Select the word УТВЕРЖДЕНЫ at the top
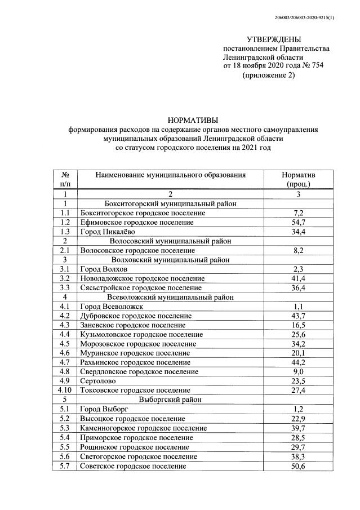(x=274, y=39)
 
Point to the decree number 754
(x=316, y=66)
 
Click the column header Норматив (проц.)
(x=299, y=179)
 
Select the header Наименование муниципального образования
(x=171, y=175)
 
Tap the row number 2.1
(x=65, y=250)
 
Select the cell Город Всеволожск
(x=112, y=306)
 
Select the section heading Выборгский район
(x=171, y=398)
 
